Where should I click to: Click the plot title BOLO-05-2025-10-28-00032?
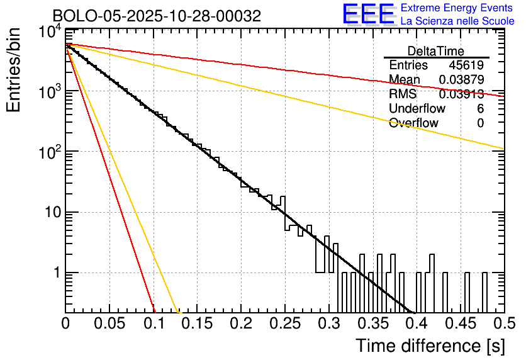tap(157, 16)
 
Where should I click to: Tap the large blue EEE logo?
tap(368, 14)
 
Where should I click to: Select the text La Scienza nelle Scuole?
tap(457, 21)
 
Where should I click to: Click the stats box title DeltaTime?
tap(436, 51)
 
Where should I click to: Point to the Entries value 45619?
tap(466, 65)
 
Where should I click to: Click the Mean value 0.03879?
tap(461, 79)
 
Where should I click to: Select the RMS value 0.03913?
tap(461, 94)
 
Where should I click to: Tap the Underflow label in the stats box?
tap(417, 108)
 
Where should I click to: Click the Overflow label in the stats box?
tap(413, 123)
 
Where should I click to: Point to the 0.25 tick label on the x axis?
tap(284, 325)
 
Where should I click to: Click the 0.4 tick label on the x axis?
tap(416, 325)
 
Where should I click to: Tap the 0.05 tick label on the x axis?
tap(109, 325)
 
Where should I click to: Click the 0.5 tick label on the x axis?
tap(503, 325)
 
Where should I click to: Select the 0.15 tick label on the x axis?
tap(197, 325)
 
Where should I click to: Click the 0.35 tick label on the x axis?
tap(372, 325)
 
